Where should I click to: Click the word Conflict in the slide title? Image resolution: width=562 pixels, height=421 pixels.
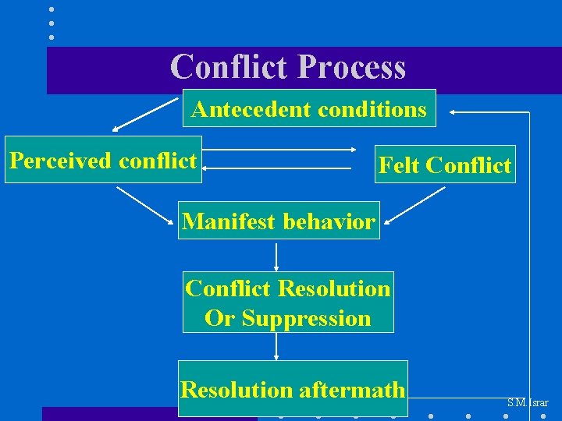(229, 67)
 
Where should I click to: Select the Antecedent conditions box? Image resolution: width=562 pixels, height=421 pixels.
(309, 108)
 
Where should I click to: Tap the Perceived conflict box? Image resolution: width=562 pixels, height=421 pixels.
(103, 160)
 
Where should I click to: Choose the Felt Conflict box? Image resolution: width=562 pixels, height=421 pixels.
(445, 165)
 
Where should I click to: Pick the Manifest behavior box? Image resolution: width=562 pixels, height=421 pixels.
(279, 221)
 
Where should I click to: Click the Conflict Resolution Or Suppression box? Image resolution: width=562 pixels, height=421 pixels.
(288, 302)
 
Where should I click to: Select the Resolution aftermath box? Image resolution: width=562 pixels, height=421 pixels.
(293, 388)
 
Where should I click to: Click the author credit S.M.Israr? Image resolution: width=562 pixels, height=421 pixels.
(528, 403)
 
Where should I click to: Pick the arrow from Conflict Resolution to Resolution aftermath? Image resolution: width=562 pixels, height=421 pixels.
(276, 347)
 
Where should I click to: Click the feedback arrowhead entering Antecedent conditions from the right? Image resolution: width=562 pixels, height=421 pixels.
(454, 112)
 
